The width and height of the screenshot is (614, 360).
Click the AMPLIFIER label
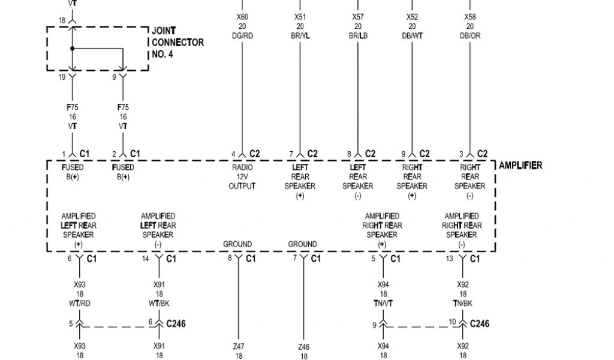click(520, 166)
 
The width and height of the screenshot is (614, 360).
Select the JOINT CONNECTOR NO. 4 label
click(177, 43)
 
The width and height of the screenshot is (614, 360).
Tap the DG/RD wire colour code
click(242, 36)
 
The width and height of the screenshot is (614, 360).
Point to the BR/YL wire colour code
click(300, 36)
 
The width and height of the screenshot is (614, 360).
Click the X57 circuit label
click(358, 17)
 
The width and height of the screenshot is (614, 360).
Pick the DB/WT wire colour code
click(413, 36)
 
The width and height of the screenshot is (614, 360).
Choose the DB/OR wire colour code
click(470, 36)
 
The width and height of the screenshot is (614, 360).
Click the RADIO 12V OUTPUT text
click(242, 177)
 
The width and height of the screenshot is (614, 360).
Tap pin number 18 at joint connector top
click(62, 20)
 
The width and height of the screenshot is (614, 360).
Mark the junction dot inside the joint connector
click(72, 48)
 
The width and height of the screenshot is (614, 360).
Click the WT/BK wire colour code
click(159, 304)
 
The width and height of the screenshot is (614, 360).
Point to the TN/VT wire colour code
click(383, 304)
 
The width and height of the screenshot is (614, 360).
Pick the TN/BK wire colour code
click(462, 304)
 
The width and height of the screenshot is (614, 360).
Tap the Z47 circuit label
click(239, 347)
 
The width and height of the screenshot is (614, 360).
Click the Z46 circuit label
click(303, 347)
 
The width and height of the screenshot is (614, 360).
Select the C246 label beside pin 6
click(176, 324)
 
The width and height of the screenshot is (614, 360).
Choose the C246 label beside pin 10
click(480, 324)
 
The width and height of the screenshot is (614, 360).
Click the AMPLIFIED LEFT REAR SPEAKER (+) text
click(79, 230)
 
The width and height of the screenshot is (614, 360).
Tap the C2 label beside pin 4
click(255, 154)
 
